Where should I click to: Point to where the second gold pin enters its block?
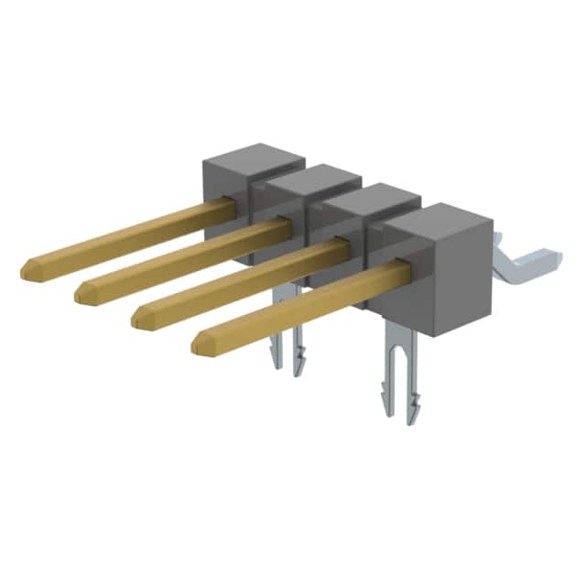(x=284, y=224)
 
